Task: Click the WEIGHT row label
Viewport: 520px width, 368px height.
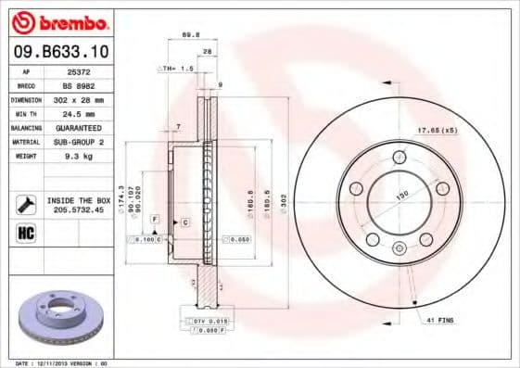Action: pyautogui.click(x=27, y=157)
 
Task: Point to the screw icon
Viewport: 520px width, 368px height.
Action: pyautogui.click(x=26, y=204)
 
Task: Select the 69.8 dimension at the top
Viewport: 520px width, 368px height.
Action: pyautogui.click(x=192, y=35)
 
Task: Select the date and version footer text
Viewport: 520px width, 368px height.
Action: pyautogui.click(x=63, y=362)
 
